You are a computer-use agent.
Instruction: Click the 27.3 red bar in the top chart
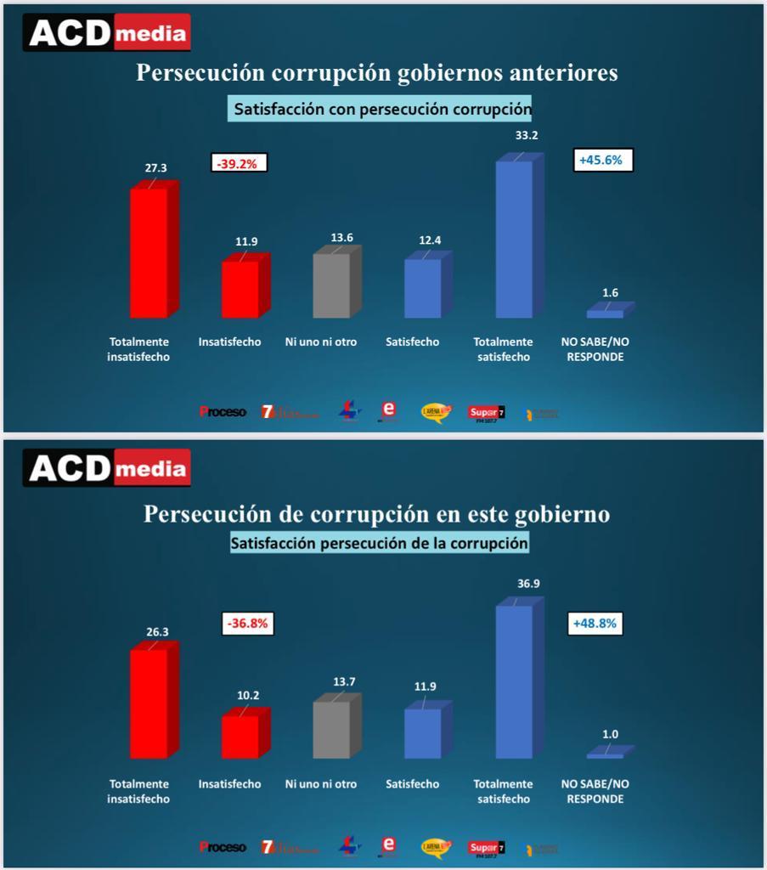[x=149, y=252]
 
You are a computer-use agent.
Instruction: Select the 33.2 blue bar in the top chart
[x=514, y=240]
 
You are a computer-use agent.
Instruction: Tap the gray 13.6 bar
[x=332, y=285]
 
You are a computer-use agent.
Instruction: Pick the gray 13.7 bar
[x=332, y=730]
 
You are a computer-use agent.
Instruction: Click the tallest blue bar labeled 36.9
[x=514, y=682]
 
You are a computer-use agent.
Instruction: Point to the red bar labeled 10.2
[x=240, y=737]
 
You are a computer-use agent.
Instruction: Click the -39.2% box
[x=240, y=162]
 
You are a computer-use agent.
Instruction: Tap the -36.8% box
[x=247, y=624]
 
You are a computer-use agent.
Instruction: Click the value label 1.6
[x=610, y=293]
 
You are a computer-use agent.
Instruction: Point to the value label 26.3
[x=156, y=632]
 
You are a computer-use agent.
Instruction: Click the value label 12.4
[x=430, y=241]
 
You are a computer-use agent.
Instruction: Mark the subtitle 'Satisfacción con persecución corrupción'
[x=383, y=110]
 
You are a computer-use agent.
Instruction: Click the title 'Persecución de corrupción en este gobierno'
[x=377, y=514]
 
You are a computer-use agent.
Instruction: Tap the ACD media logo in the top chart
[x=108, y=34]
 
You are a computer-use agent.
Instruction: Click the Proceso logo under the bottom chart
[x=223, y=846]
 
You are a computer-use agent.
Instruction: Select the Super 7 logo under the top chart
[x=487, y=414]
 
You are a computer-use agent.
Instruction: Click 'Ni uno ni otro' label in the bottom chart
[x=321, y=784]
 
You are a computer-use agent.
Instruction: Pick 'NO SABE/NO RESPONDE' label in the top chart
[x=595, y=349]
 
